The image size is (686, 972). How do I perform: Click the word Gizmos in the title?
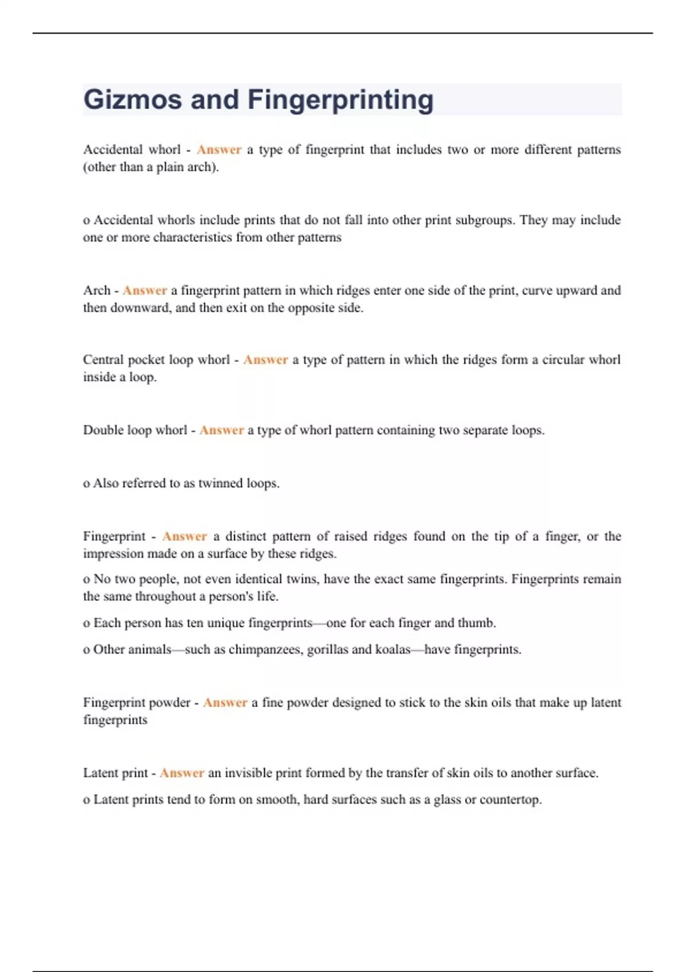(133, 99)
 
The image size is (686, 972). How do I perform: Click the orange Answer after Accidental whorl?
(219, 150)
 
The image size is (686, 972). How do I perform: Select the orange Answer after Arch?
(145, 290)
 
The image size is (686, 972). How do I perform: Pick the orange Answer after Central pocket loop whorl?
(266, 360)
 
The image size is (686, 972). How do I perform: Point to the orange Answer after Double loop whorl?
(222, 430)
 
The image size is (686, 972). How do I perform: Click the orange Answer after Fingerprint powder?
(225, 703)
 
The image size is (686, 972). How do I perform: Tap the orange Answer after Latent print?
(182, 773)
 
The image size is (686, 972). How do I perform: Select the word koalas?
(393, 650)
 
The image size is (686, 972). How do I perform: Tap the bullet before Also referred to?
(87, 484)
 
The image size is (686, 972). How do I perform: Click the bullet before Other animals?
(87, 651)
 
